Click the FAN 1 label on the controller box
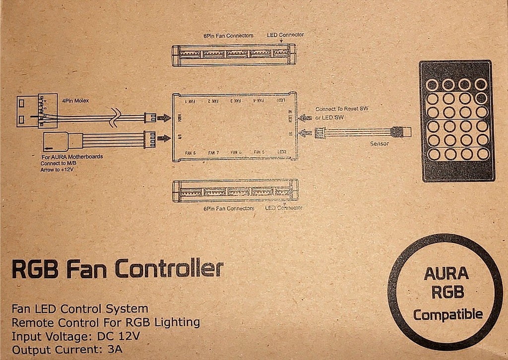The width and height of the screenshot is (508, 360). click(190, 101)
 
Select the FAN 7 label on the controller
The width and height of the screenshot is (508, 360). click(214, 152)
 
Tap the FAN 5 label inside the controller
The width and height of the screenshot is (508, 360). click(259, 152)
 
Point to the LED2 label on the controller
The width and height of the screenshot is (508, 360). click(282, 152)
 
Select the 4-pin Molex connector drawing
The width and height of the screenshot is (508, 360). click(33, 112)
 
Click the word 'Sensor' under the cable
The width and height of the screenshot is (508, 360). click(380, 144)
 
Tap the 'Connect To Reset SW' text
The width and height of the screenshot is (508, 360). click(343, 108)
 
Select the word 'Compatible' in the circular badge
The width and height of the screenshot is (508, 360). click(448, 314)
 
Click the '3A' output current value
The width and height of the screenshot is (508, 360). click(115, 349)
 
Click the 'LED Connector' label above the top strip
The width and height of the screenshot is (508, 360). click(285, 35)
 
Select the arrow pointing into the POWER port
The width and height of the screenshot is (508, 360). click(163, 118)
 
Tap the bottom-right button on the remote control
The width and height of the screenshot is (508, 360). click(481, 154)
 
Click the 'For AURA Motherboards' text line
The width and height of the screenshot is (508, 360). click(72, 157)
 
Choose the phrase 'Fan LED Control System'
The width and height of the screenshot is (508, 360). click(80, 309)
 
